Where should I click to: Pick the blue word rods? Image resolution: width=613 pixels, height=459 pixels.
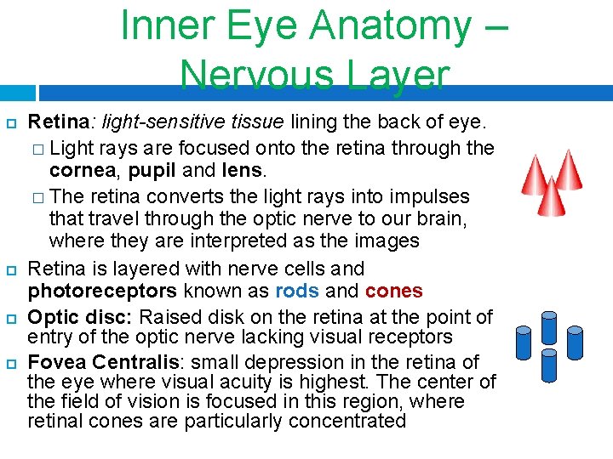pyautogui.click(x=297, y=292)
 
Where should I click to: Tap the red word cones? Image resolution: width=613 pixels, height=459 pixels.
pyautogui.click(x=393, y=292)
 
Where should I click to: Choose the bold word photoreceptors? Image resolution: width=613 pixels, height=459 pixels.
pyautogui.click(x=102, y=292)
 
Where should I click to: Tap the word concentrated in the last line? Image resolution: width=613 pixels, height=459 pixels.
pyautogui.click(x=342, y=421)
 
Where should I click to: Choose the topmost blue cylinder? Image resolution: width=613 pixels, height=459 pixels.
pyautogui.click(x=549, y=325)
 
